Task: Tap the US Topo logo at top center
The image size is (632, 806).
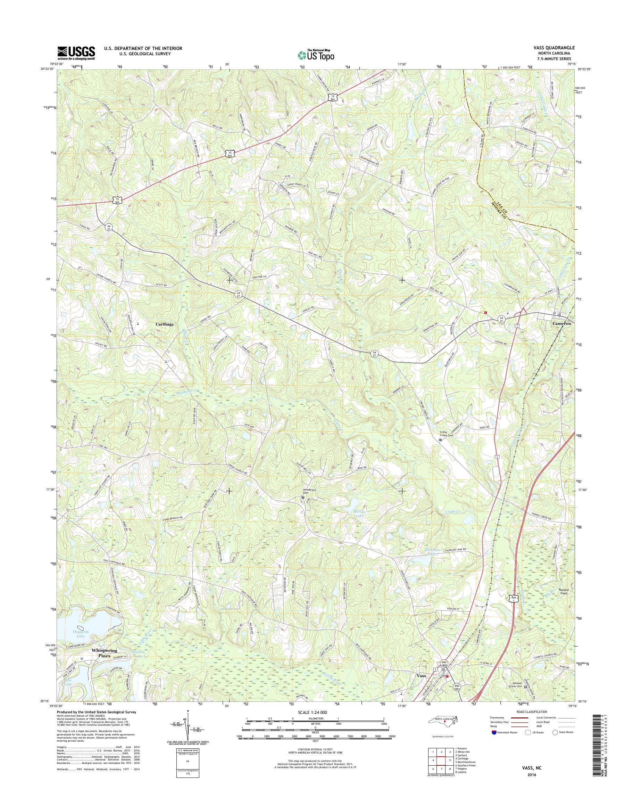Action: point(316,55)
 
